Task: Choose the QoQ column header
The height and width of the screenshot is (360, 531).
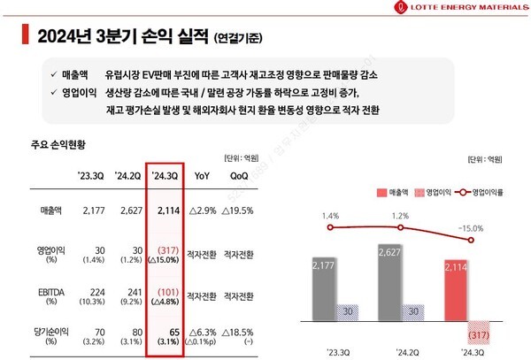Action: tap(242, 174)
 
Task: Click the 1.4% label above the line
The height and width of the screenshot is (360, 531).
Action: tap(331, 216)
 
